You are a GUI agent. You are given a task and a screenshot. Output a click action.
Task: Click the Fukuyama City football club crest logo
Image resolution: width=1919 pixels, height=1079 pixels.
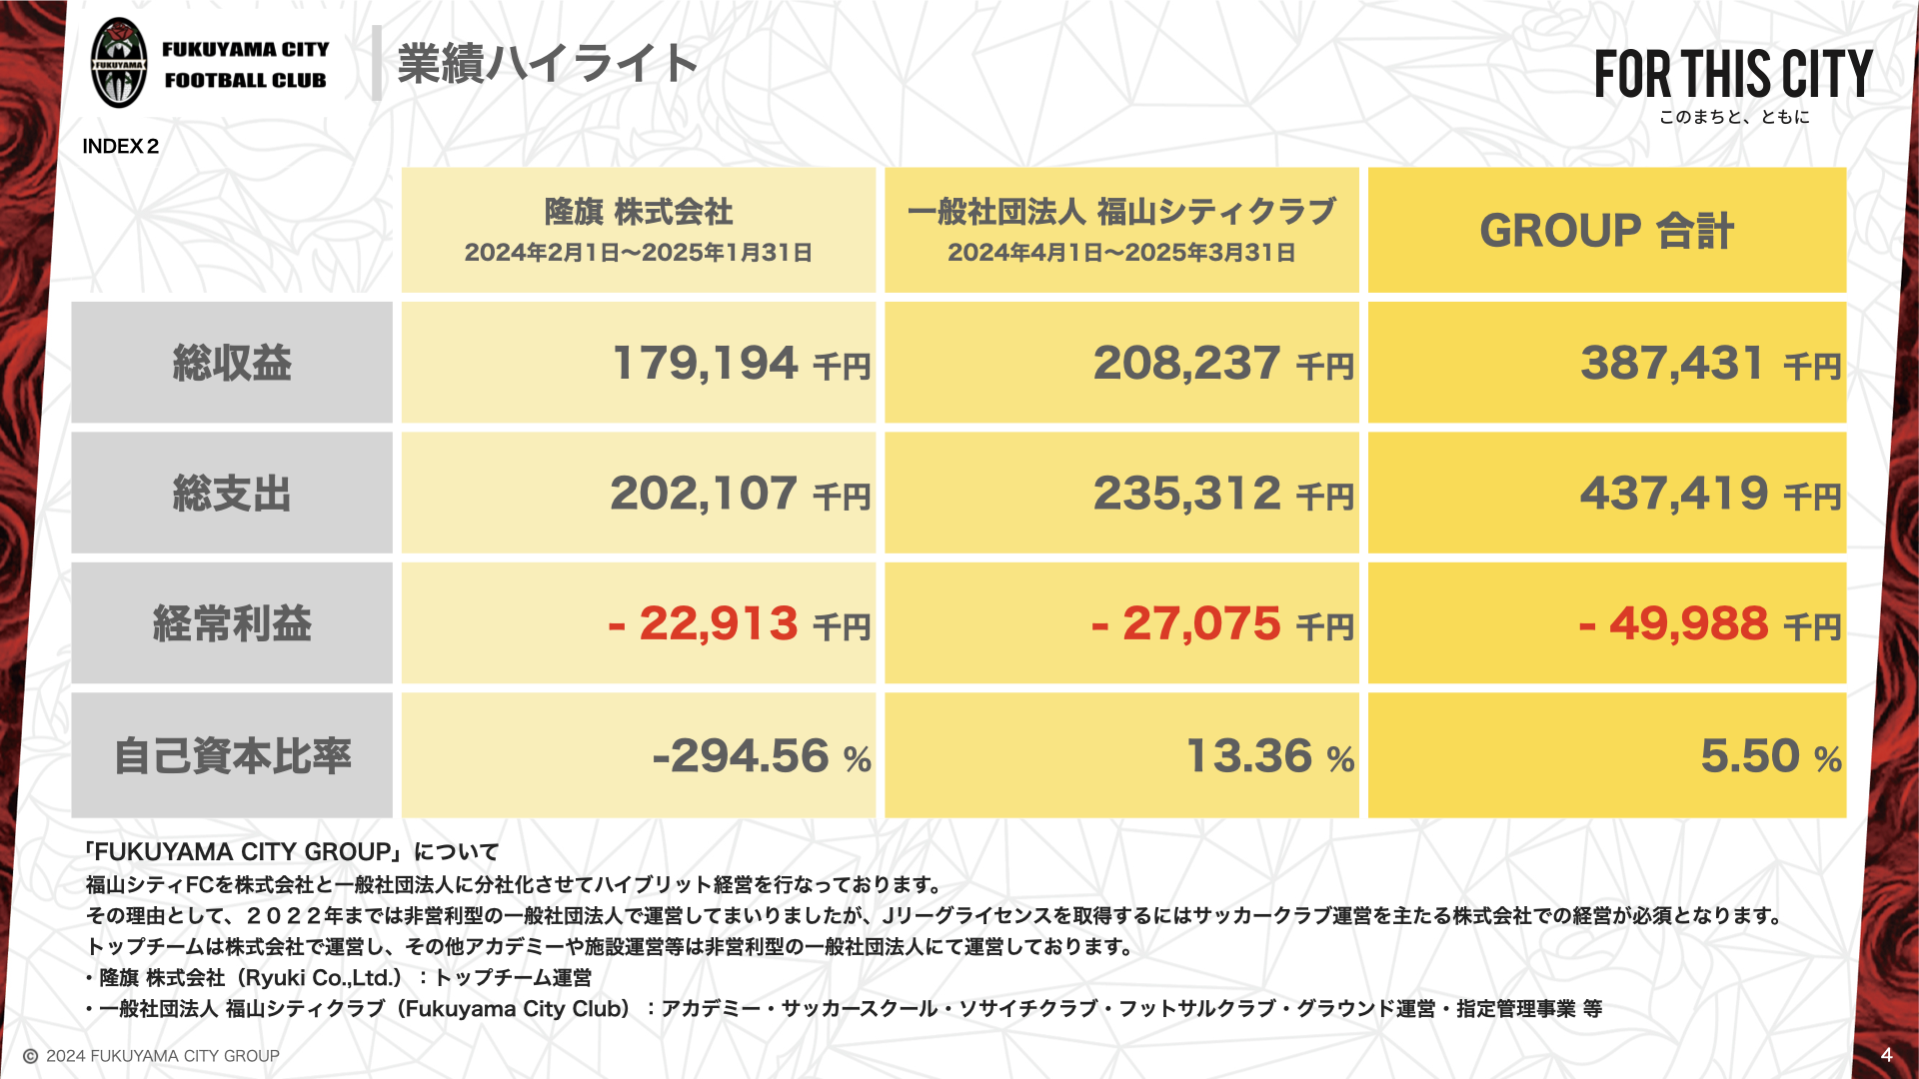pyautogui.click(x=119, y=63)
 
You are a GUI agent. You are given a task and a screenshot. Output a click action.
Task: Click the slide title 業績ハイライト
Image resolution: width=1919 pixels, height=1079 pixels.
pyautogui.click(x=547, y=63)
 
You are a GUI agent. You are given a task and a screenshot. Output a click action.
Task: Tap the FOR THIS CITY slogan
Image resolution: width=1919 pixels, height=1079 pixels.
pyautogui.click(x=1733, y=75)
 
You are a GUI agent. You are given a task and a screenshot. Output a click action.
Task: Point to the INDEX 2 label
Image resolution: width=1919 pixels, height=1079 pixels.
pyautogui.click(x=121, y=146)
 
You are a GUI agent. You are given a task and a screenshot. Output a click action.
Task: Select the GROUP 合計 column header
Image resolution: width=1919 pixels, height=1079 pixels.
pyautogui.click(x=1606, y=230)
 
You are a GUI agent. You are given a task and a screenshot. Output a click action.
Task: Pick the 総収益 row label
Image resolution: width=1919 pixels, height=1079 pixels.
pyautogui.click(x=232, y=363)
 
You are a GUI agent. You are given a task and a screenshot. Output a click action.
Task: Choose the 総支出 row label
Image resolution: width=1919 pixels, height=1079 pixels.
pyautogui.click(x=232, y=494)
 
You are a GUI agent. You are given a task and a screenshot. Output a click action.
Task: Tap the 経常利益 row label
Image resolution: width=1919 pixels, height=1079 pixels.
pyautogui.click(x=232, y=623)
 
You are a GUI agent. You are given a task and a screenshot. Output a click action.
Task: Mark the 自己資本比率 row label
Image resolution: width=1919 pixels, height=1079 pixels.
pyautogui.click(x=232, y=755)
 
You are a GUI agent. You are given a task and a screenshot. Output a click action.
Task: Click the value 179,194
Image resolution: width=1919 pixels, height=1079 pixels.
pyautogui.click(x=705, y=363)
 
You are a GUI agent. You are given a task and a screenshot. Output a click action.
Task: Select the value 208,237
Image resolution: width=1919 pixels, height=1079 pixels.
pyautogui.click(x=1186, y=363)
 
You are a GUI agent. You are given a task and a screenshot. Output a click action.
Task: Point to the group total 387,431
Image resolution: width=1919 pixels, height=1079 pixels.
pyautogui.click(x=1672, y=363)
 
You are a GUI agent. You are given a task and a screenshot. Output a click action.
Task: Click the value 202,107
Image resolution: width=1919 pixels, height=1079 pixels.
pyautogui.click(x=704, y=494)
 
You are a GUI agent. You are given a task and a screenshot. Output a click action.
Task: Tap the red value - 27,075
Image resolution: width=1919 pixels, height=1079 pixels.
pyautogui.click(x=1186, y=623)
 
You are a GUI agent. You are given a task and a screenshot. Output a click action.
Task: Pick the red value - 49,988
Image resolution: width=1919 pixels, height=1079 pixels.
pyautogui.click(x=1674, y=623)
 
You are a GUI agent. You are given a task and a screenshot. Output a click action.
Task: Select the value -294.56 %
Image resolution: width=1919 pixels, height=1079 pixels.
pyautogui.click(x=761, y=756)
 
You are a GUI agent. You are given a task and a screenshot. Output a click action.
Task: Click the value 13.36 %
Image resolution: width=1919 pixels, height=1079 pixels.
pyautogui.click(x=1269, y=756)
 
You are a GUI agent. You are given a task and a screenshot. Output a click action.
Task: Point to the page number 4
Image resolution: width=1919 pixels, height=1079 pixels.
pyautogui.click(x=1886, y=1055)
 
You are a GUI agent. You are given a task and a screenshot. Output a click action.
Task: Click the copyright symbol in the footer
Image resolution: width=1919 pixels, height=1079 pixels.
pyautogui.click(x=31, y=1056)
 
